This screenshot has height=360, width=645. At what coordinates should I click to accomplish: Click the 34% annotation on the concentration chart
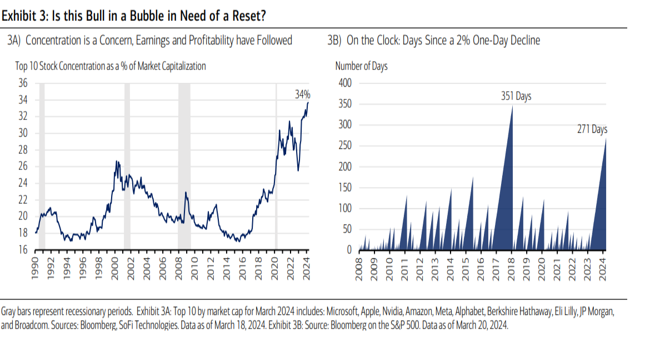[x=302, y=95]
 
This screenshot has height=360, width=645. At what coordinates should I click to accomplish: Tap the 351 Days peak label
[x=516, y=97]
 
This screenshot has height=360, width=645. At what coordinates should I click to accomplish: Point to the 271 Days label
[x=592, y=129]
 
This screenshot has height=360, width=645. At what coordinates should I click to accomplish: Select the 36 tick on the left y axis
[x=23, y=83]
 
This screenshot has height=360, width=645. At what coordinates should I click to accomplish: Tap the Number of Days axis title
[x=361, y=66]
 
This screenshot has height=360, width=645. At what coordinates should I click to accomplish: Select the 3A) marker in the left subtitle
[x=14, y=41]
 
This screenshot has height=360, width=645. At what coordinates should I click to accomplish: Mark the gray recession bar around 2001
[x=127, y=167]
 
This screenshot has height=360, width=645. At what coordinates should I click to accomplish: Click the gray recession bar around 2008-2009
[x=184, y=167]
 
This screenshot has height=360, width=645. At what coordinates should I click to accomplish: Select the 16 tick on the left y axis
[x=23, y=250]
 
